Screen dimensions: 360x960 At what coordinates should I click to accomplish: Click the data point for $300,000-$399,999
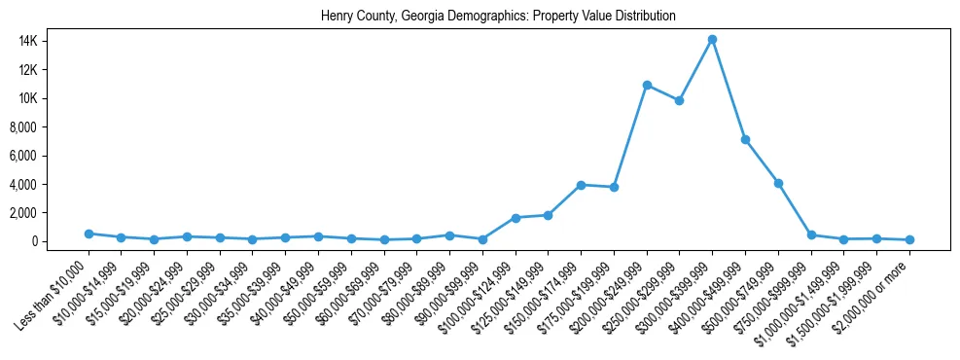coord(712,39)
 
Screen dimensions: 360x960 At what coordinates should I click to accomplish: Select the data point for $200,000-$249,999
coord(647,86)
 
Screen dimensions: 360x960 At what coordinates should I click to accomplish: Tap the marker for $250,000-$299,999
coord(680,100)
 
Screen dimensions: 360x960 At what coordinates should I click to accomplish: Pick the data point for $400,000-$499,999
coord(745,139)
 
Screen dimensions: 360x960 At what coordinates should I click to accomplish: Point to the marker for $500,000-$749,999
coord(778,183)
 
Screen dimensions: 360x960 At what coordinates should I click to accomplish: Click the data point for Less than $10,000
coord(89,234)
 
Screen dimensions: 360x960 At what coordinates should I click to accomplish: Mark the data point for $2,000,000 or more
coord(909,239)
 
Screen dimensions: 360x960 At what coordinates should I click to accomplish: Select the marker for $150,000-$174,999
coord(581,185)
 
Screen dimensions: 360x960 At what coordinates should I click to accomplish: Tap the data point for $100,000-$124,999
coord(516,218)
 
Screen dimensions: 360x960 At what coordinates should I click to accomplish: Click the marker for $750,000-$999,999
coord(811,234)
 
